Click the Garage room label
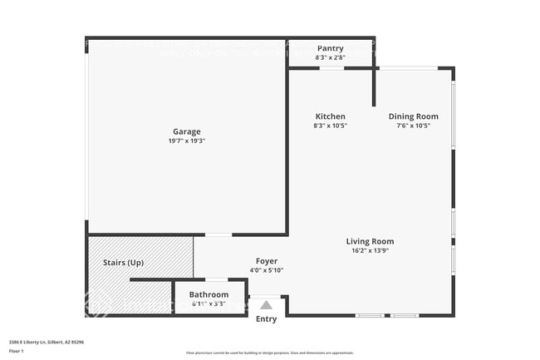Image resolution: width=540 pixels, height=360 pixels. click(x=186, y=131)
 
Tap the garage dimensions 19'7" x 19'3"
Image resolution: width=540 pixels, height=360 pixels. click(x=186, y=141)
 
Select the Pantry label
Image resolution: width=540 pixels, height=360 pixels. click(x=330, y=48)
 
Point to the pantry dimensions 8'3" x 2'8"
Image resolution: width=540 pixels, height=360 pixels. click(x=330, y=57)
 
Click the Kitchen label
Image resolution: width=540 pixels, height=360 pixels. click(x=330, y=116)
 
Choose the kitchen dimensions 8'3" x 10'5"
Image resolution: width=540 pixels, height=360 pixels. click(x=330, y=126)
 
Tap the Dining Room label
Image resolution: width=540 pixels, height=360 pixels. click(x=413, y=116)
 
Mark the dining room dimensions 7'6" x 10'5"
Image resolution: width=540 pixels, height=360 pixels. click(x=413, y=126)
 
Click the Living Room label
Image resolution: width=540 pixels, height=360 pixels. click(x=370, y=241)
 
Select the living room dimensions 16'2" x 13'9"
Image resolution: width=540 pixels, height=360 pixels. click(x=370, y=250)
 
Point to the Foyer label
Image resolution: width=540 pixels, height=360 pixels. click(x=266, y=261)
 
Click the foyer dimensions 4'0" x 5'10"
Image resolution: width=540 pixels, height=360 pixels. click(x=266, y=270)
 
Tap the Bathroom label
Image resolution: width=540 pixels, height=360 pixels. click(x=209, y=294)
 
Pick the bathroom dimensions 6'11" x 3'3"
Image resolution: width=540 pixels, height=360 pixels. click(x=209, y=303)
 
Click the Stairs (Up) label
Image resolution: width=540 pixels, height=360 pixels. click(x=123, y=263)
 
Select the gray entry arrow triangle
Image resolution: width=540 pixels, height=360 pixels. click(x=266, y=305)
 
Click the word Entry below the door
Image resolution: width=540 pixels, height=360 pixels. click(x=266, y=319)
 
